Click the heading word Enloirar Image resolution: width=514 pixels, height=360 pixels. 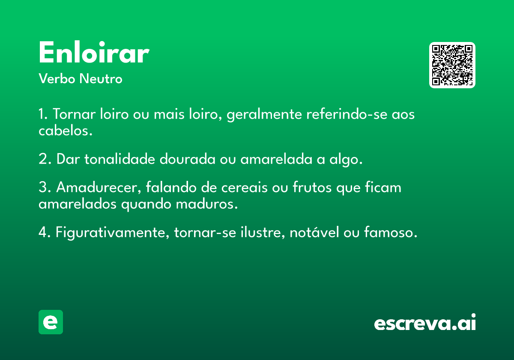click(94, 52)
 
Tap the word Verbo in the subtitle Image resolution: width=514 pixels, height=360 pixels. click(57, 79)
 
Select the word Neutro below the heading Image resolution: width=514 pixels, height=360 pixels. click(101, 79)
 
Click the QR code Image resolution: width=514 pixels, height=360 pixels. click(452, 65)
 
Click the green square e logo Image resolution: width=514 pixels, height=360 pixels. click(51, 322)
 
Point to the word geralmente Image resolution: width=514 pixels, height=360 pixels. click(264, 114)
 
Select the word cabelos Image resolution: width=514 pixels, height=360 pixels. click(66, 130)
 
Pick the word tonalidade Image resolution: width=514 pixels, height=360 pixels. click(120, 159)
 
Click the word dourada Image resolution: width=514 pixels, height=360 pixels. click(188, 159)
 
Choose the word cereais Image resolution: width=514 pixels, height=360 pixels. click(245, 187)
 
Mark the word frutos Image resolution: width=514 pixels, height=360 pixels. click(312, 187)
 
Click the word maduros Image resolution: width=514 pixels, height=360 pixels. click(207, 204)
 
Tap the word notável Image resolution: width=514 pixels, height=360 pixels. click(314, 232)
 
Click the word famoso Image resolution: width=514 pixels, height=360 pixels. click(391, 232)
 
